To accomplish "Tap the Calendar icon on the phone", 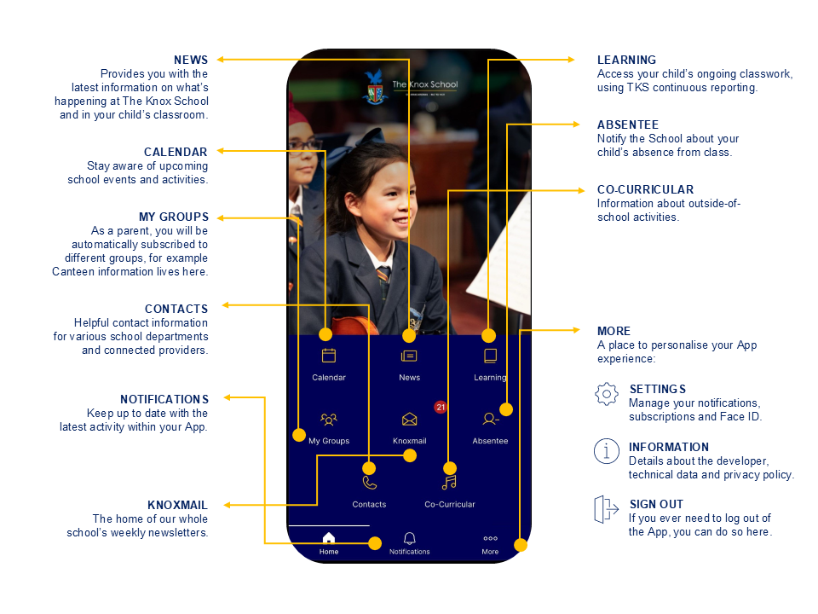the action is [329, 356].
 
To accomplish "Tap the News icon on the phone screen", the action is [409, 356].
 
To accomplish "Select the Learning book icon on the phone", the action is [491, 356].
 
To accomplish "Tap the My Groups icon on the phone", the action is [329, 420].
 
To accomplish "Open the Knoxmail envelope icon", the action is [410, 420].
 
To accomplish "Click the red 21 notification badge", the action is [441, 407].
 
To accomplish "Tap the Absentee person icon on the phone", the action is [491, 419].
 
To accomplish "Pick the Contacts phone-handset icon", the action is [369, 483].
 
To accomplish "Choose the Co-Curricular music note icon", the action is [449, 483].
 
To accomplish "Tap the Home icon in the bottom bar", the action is [329, 538].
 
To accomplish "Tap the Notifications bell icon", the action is [410, 538].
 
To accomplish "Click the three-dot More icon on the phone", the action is [491, 538].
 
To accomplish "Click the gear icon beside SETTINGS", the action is [606, 394].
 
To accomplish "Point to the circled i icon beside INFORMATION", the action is [606, 451].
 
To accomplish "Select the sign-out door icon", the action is [606, 509].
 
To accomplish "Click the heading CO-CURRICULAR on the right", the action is [645, 189].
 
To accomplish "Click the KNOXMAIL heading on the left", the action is [177, 505].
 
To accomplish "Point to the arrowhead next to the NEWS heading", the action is [221, 60].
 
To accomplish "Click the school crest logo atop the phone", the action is [375, 87].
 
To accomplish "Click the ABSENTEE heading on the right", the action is [628, 125].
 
